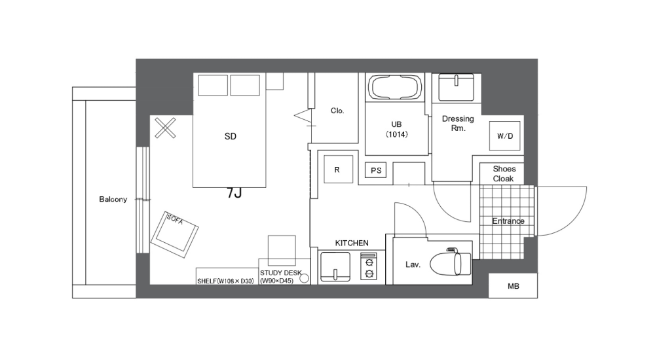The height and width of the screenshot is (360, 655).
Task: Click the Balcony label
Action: tap(113, 199)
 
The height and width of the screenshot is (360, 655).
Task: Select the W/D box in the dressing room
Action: tap(505, 137)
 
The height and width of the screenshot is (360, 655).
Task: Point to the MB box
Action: tap(513, 286)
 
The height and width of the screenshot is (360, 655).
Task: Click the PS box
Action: tap(375, 171)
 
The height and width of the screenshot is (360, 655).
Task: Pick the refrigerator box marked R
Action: tap(337, 170)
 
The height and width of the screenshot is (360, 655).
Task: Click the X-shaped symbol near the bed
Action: tap(166, 128)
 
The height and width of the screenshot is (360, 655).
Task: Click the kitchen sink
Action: tap(337, 268)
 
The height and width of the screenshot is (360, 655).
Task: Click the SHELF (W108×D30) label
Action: tap(225, 281)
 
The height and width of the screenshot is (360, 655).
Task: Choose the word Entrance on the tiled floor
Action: tap(508, 221)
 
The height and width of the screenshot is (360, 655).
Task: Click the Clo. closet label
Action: tap(337, 111)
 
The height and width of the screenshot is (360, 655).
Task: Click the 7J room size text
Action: tap(234, 193)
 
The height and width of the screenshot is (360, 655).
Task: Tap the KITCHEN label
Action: tap(352, 243)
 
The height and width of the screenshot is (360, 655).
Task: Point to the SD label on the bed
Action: tap(230, 137)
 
